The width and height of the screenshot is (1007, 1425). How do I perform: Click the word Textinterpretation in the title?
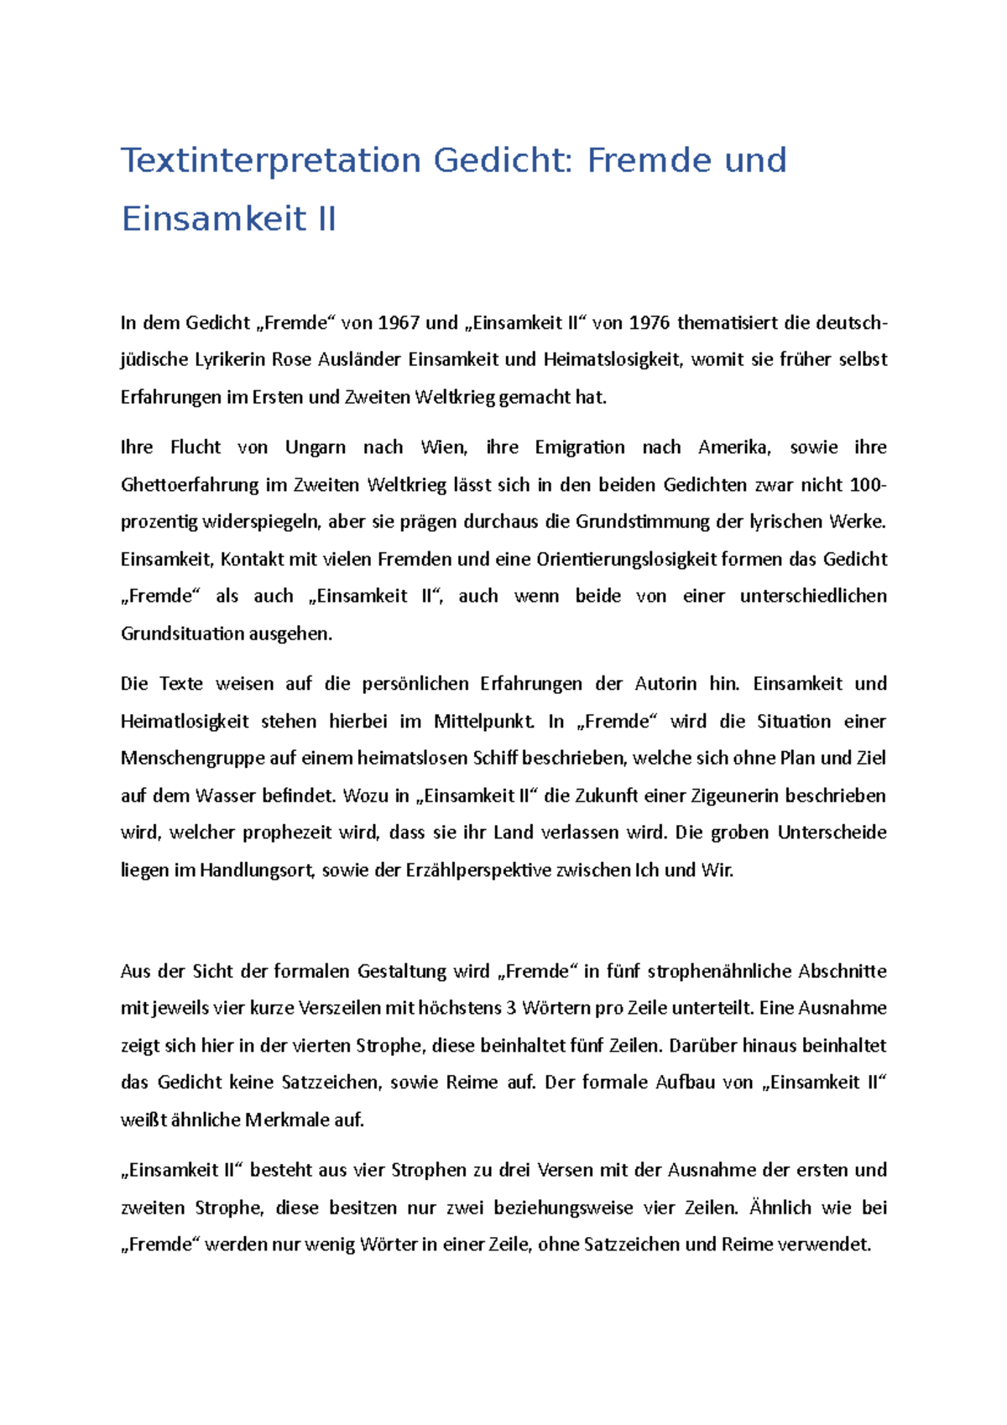[270, 160]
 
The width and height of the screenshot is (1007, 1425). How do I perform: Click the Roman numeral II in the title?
[323, 219]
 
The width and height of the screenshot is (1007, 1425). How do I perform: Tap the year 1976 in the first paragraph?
[650, 322]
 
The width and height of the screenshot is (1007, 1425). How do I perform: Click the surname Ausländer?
[360, 360]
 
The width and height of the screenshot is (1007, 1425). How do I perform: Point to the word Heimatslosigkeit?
[613, 360]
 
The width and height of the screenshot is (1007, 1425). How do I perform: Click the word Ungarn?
[316, 447]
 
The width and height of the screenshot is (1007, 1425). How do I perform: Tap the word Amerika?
[734, 447]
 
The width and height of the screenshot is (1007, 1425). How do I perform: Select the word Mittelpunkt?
[483, 722]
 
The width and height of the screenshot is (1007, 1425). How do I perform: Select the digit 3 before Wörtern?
[510, 1008]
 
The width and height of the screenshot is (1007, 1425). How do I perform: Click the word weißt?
[143, 1120]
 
